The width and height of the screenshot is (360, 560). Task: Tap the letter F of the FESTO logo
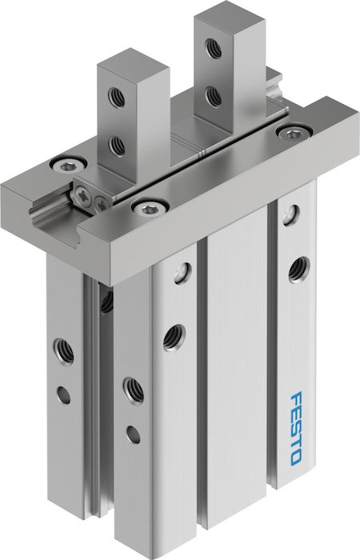tap(297, 398)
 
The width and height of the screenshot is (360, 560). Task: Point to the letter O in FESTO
tap(295, 458)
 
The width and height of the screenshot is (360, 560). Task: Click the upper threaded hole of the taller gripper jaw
tap(214, 48)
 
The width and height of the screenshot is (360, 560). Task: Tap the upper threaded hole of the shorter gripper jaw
tap(117, 97)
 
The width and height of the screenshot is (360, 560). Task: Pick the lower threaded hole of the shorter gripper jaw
tap(117, 145)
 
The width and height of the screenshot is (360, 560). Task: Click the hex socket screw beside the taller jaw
tap(294, 133)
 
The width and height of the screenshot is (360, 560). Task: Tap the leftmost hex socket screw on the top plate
tap(69, 166)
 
